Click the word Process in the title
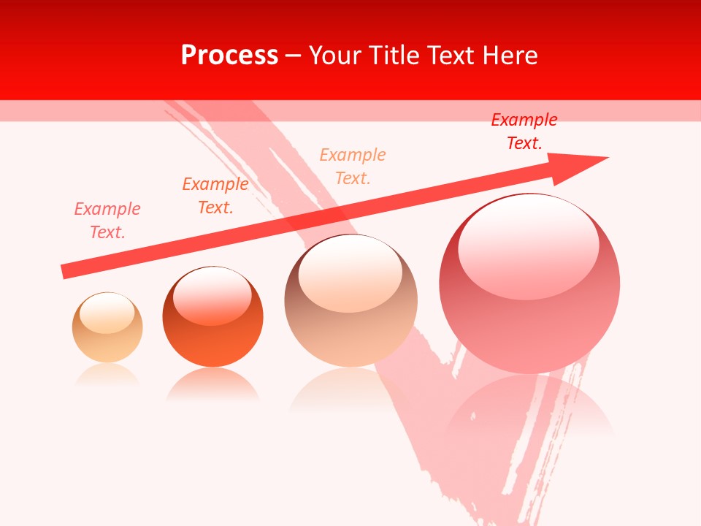(229, 56)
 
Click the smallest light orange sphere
(107, 327)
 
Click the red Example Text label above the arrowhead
(524, 131)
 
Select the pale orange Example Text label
(352, 167)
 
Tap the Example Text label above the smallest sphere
(107, 221)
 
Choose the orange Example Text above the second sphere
(215, 196)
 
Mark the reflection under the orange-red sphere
(212, 385)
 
